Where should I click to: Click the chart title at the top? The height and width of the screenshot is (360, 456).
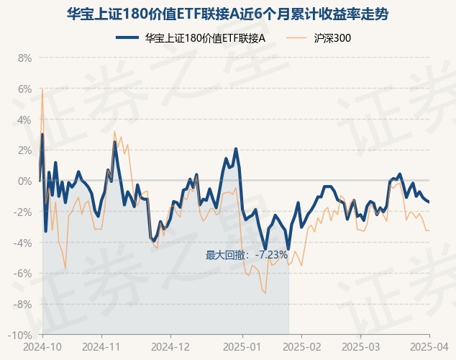(x=228, y=13)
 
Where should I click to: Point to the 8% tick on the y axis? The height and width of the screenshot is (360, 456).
(x=25, y=58)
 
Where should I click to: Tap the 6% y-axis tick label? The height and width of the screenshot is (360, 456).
(x=25, y=89)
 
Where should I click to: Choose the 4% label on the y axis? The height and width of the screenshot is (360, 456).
(x=25, y=120)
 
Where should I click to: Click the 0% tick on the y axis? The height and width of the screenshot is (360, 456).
(x=25, y=181)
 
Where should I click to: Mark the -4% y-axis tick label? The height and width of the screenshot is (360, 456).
(x=24, y=243)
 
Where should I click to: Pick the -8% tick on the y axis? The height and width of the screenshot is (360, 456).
(x=24, y=305)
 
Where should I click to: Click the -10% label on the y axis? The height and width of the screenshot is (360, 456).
(x=22, y=336)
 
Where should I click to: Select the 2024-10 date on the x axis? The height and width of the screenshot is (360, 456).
(x=42, y=346)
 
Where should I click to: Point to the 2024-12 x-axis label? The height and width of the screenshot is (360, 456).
(x=170, y=346)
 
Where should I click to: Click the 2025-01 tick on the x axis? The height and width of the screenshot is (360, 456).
(x=242, y=346)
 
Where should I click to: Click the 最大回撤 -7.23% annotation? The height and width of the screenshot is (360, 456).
(x=247, y=255)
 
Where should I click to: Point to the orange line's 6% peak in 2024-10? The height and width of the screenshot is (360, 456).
(x=42, y=89)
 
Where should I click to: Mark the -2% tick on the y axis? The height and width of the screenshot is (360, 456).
(x=24, y=212)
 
